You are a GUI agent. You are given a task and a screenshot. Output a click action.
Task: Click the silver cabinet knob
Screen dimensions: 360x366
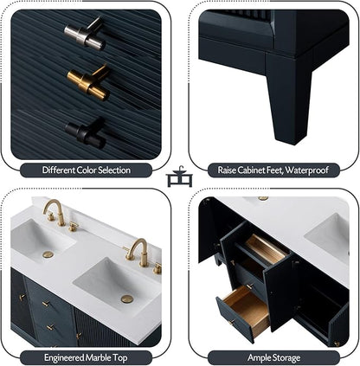(x=84, y=33)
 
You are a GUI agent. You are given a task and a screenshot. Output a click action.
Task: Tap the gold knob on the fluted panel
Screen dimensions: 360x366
(x=88, y=82)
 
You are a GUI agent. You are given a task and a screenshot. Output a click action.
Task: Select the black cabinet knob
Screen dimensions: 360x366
(x=85, y=132)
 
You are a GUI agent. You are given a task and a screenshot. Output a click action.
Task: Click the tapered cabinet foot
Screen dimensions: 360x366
(x=288, y=97)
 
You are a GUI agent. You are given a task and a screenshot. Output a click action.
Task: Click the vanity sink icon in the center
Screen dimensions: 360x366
(x=179, y=177)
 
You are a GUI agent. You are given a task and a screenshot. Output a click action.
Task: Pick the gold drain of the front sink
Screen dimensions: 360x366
(x=127, y=299)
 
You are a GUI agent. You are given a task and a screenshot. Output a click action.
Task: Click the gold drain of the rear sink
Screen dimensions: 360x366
(x=48, y=254)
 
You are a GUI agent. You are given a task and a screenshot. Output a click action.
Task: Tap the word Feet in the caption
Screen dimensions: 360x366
(x=275, y=170)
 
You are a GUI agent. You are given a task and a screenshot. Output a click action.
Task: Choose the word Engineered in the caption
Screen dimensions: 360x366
(x=64, y=358)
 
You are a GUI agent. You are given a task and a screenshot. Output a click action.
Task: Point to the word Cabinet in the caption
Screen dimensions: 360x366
(x=252, y=170)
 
